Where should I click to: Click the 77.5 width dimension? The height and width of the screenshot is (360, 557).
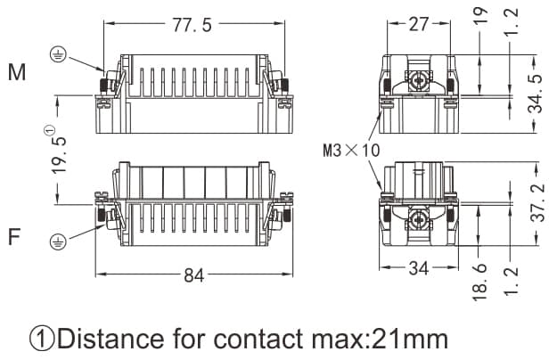click(x=192, y=25)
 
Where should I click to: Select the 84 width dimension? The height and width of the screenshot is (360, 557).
click(x=193, y=275)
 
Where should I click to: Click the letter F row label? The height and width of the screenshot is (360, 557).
click(x=14, y=238)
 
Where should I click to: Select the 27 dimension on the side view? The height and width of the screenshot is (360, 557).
click(x=418, y=24)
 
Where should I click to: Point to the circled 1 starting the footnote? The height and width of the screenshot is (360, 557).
click(x=42, y=340)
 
